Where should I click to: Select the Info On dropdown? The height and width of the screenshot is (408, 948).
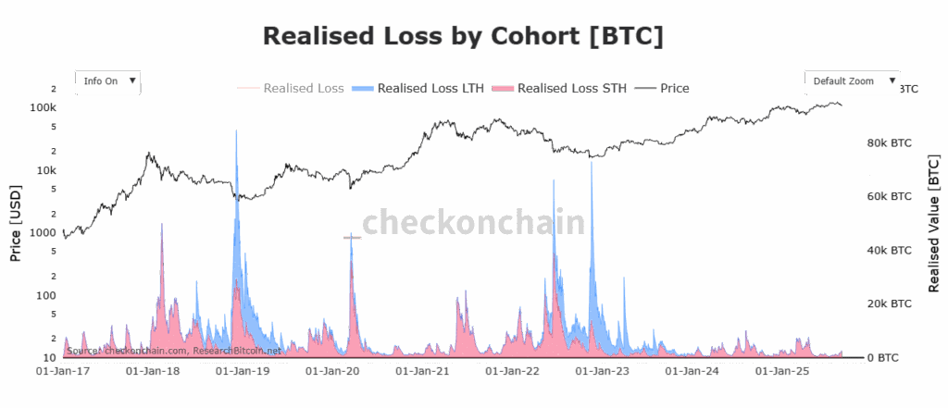click(108, 81)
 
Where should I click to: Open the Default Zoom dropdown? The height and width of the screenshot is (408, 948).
click(852, 81)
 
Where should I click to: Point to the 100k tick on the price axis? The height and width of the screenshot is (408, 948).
click(44, 107)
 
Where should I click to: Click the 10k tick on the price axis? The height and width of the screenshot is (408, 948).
click(46, 170)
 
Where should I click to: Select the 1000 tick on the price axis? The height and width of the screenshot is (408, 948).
click(44, 232)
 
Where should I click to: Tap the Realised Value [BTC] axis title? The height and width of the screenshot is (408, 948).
click(934, 225)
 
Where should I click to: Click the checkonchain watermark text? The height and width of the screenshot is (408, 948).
click(473, 223)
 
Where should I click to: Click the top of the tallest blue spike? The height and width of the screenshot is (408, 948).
click(236, 130)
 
